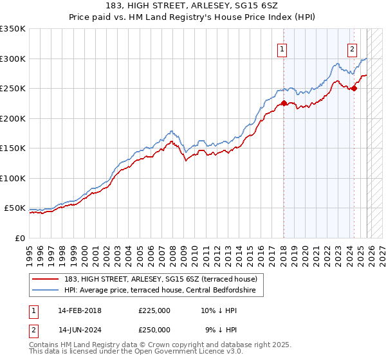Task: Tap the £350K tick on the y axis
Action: (x=13, y=29)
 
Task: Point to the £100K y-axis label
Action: (x=13, y=178)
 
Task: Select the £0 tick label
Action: (x=20, y=238)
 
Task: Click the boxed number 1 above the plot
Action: (x=282, y=50)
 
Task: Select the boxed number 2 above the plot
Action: (x=353, y=50)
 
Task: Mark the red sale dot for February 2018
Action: (x=284, y=104)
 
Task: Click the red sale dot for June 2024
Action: (x=354, y=89)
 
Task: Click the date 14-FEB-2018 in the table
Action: (x=80, y=310)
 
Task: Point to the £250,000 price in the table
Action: (x=154, y=329)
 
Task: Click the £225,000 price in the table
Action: (x=154, y=310)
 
